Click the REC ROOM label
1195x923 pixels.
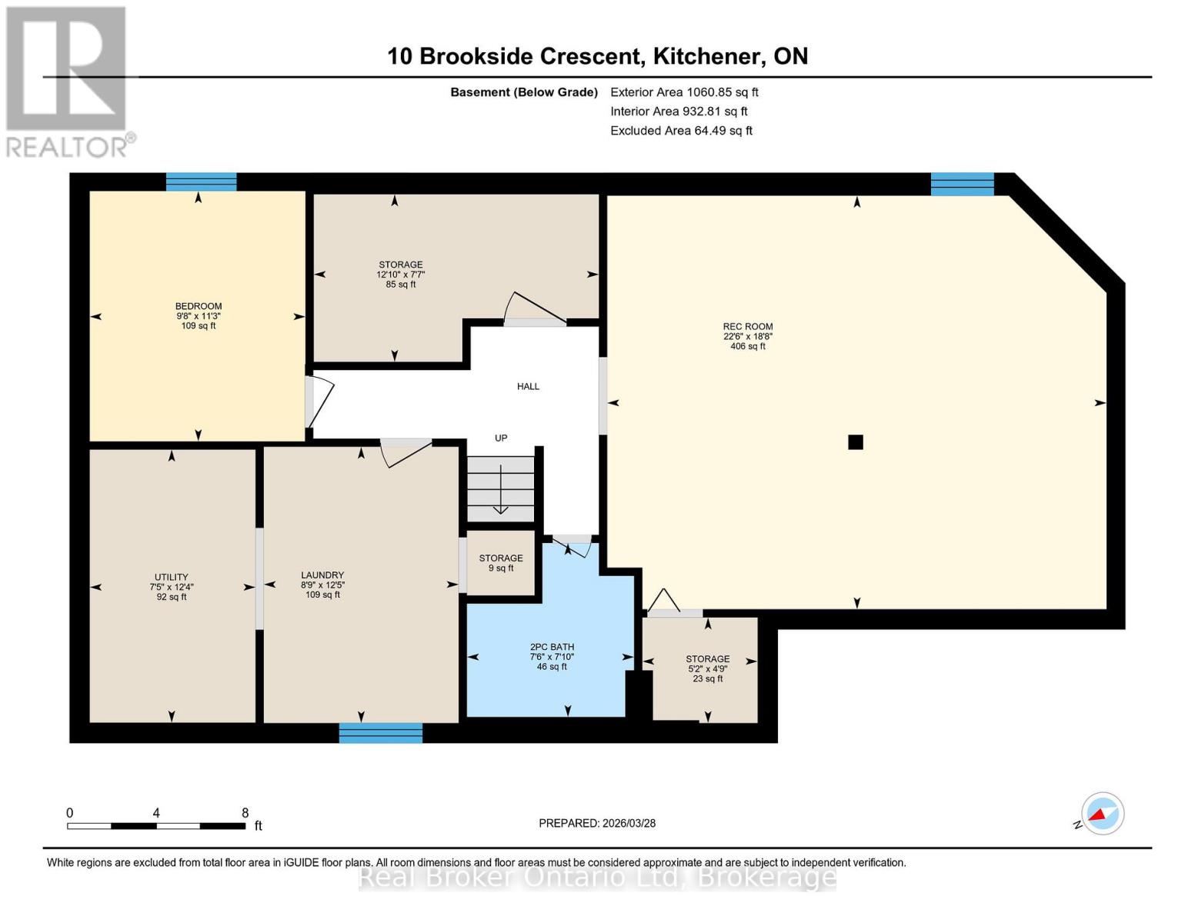point(747,327)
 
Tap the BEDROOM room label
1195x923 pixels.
point(199,306)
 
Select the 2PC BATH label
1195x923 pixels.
point(552,647)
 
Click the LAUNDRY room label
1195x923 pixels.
point(322,575)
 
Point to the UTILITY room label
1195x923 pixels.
point(171,577)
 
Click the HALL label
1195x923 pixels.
point(528,386)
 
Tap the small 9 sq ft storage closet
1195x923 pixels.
point(501,563)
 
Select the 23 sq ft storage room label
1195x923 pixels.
point(707,659)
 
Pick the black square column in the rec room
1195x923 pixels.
point(855,442)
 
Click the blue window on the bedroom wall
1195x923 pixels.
point(202,182)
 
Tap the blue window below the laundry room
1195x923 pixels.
point(381,733)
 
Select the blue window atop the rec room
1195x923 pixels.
point(962,184)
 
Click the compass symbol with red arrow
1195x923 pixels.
point(1102,814)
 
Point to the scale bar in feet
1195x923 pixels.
point(156,826)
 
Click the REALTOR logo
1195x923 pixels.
point(68,81)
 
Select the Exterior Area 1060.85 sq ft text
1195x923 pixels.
point(684,92)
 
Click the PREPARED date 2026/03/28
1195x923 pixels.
point(597,823)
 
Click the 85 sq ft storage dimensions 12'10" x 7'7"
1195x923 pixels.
point(401,275)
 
